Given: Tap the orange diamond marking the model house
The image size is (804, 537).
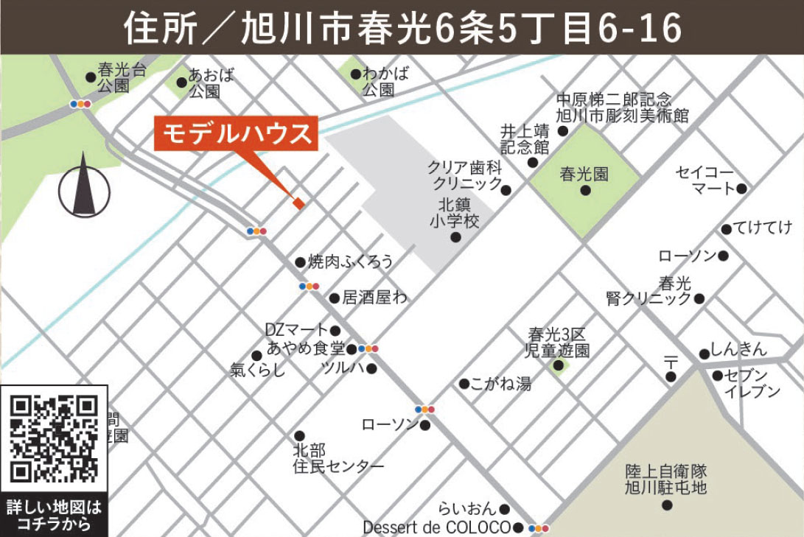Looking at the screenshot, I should (298, 203).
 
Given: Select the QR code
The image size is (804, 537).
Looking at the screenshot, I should (55, 439).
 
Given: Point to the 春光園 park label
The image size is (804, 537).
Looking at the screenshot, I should (584, 175).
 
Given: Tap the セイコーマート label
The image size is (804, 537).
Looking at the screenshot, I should (705, 180).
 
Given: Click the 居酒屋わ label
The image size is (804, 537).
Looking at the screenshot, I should (375, 298).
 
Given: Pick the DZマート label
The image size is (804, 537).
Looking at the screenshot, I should (297, 330).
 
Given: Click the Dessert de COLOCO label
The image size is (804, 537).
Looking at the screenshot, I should (436, 527).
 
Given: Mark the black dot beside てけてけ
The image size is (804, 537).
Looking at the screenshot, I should (727, 228).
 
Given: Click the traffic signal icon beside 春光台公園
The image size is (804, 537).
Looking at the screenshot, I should (80, 104).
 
